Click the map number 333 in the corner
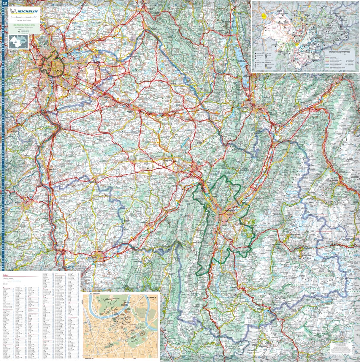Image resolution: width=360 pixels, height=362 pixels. tap(5, 4)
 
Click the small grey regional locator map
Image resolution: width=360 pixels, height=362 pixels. tap(18, 41)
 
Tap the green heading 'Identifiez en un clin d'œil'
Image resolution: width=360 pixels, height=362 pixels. tap(24, 26)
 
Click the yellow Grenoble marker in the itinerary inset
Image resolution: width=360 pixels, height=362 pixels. tap(296, 45)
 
